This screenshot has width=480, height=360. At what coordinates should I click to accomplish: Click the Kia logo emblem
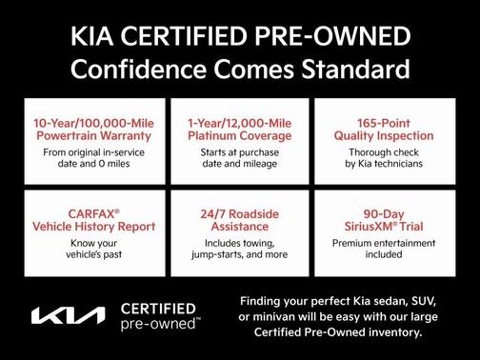70,316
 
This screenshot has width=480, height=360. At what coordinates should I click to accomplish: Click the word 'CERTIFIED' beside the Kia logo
158,309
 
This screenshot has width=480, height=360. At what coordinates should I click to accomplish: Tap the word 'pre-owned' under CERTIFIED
158,324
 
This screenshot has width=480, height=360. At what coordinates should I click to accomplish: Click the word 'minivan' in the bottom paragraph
288,315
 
